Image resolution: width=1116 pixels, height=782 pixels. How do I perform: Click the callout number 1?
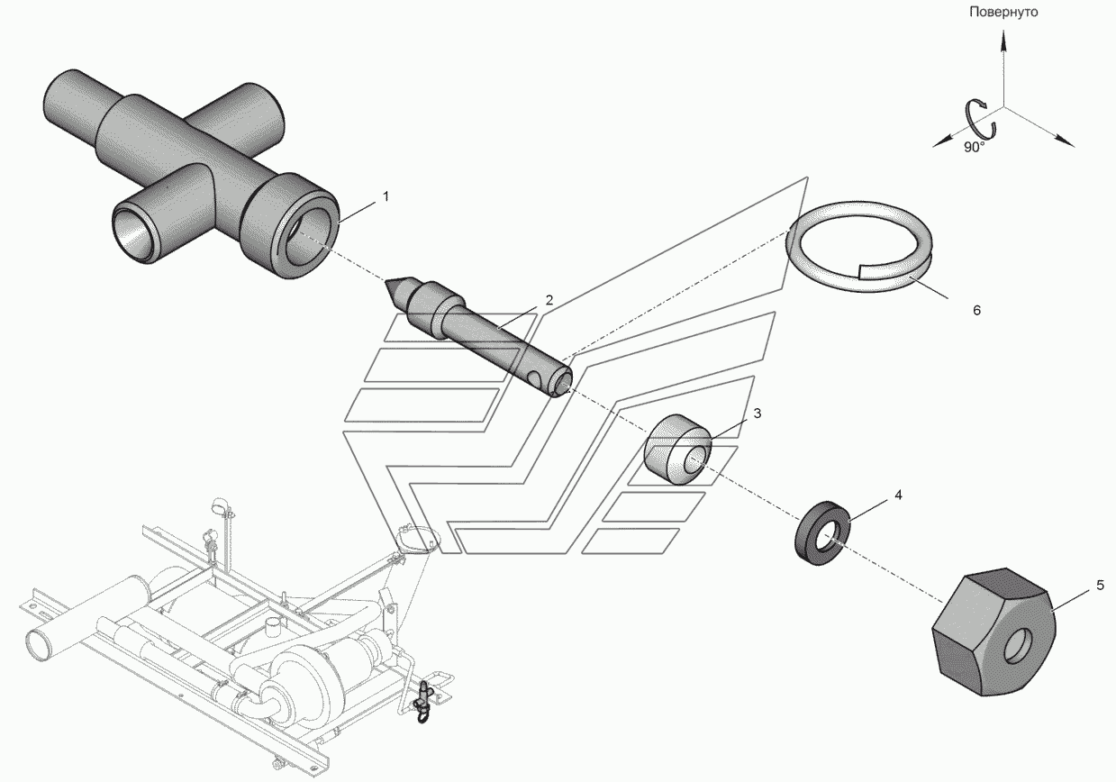coord(386,197)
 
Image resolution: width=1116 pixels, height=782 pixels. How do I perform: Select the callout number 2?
coord(549,300)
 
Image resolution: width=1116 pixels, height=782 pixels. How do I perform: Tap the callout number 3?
coord(758,414)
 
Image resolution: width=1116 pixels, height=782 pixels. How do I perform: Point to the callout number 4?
coord(898,495)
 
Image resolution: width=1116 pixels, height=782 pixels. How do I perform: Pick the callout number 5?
coord(1100,585)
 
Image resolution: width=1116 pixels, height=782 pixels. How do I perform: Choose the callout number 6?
coord(976,311)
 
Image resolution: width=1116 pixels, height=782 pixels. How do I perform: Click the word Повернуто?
coord(1003,13)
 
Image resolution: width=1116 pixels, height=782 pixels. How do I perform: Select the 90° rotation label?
coord(974,147)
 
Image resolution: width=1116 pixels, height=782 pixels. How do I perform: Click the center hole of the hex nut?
coord(1016,646)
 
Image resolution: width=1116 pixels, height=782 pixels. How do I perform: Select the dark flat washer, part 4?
coord(822,532)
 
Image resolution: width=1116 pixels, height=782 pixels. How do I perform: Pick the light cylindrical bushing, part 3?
coord(678,449)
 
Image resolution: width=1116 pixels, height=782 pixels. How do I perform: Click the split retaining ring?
coord(859,247)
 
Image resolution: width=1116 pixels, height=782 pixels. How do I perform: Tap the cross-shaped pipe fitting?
coord(192,175)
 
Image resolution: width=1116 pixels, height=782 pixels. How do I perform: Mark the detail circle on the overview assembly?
coord(418,540)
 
